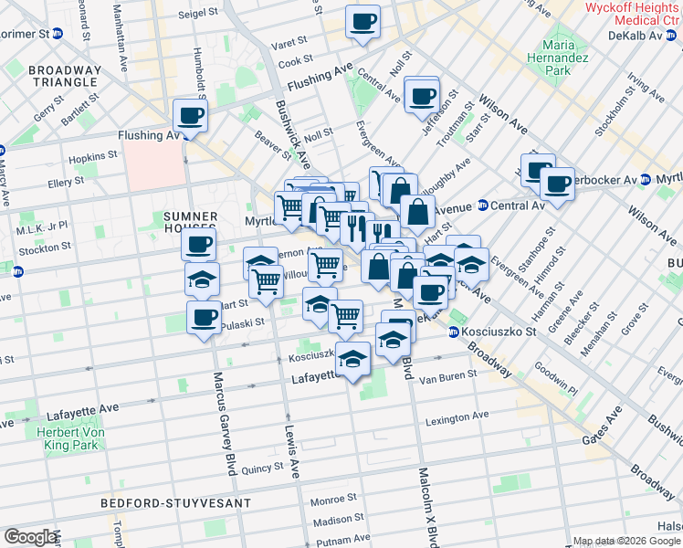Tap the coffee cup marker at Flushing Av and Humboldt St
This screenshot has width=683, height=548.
tap(190, 116)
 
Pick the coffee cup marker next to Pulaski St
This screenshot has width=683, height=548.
tap(204, 319)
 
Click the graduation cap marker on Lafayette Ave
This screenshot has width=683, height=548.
tap(353, 359)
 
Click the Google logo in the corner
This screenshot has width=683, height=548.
tap(30, 537)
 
